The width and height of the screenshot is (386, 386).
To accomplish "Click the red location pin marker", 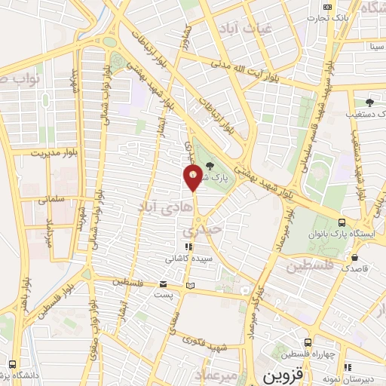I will click(194, 177).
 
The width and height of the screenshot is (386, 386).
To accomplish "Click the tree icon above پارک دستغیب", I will click(369, 103).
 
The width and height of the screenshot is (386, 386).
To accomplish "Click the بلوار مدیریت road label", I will click(54, 152).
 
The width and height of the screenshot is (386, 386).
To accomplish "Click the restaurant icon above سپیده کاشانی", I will click(188, 247).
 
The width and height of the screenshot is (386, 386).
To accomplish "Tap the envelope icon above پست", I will click(164, 284).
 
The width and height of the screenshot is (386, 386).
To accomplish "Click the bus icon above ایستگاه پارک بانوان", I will click(342, 223).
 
